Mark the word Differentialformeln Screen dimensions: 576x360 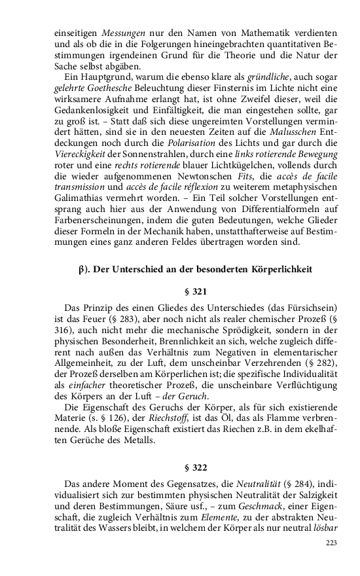(x=247, y=200)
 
